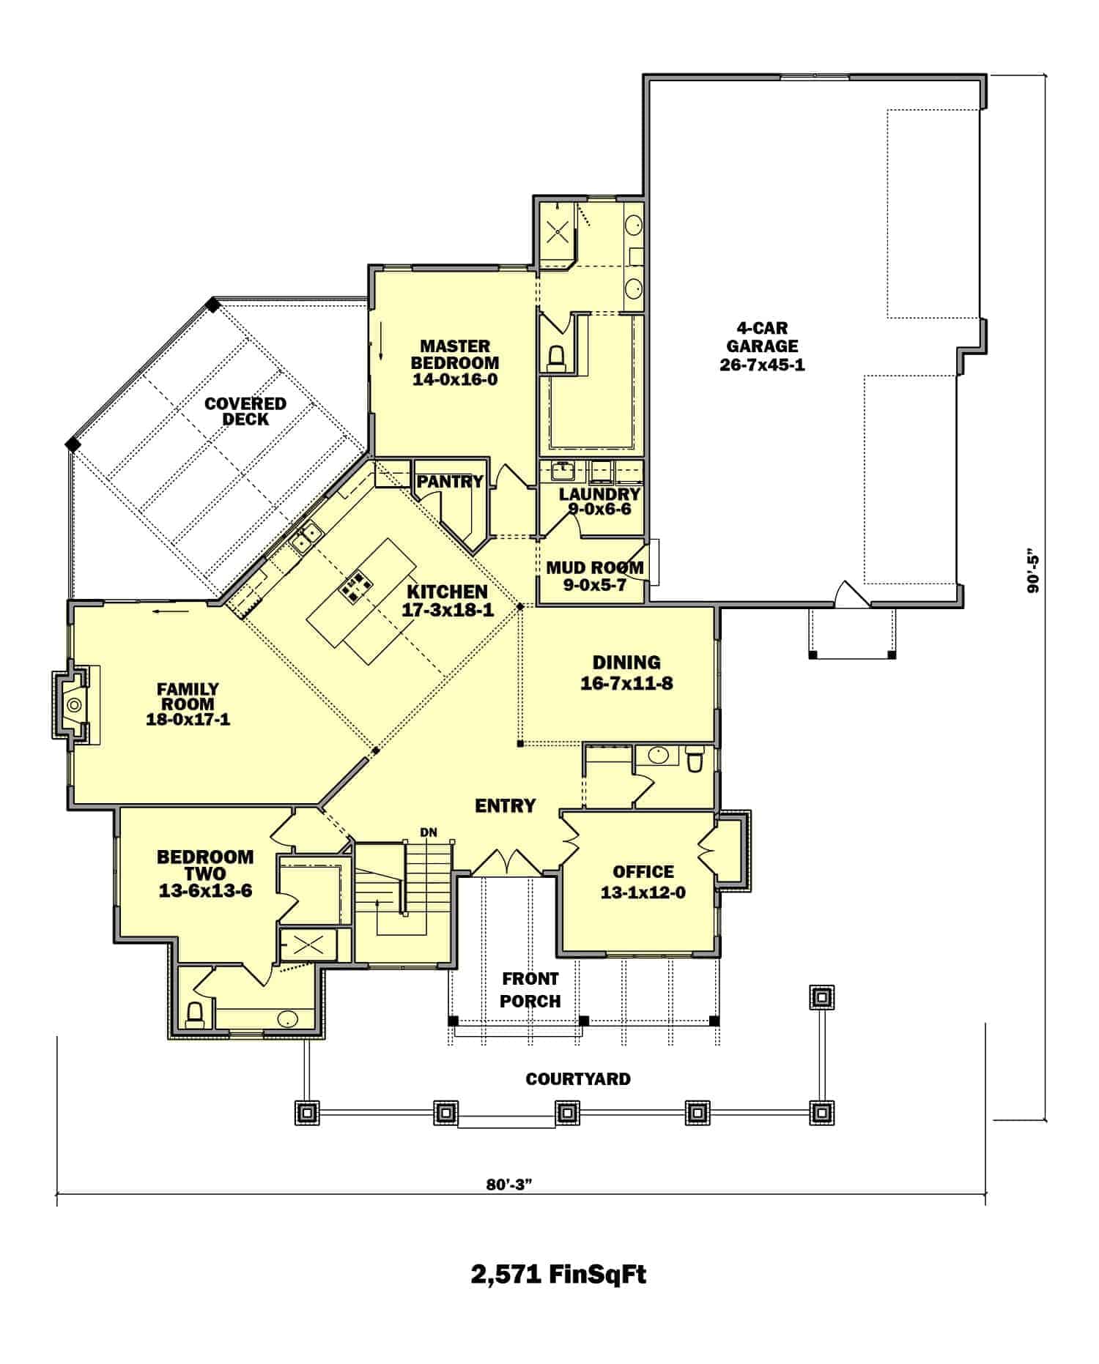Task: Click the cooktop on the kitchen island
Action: click(x=355, y=586)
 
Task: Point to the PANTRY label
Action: click(x=450, y=481)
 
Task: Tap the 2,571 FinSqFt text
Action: click(x=558, y=1275)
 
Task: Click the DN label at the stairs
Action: click(x=429, y=832)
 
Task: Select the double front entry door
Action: click(x=506, y=862)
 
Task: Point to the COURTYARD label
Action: click(x=577, y=1079)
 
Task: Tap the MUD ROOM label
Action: click(x=594, y=567)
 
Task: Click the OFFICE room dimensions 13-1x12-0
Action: click(x=643, y=892)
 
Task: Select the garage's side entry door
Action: click(x=850, y=595)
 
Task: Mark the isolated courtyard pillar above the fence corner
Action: click(x=821, y=996)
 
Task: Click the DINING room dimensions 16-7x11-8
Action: click(x=626, y=684)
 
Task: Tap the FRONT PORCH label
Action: click(x=530, y=990)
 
